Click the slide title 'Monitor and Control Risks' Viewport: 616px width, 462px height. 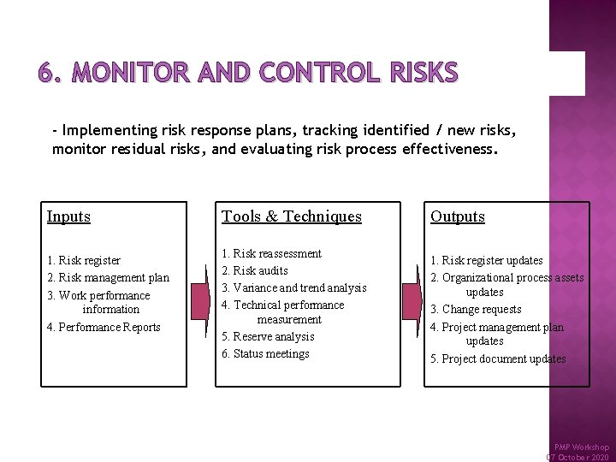pos(248,74)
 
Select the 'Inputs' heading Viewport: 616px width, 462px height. pos(68,216)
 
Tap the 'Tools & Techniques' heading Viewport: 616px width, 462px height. pos(292,216)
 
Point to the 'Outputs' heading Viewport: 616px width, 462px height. pos(458,216)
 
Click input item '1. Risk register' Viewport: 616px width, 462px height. pos(84,260)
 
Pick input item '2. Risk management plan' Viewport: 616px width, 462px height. pos(109,277)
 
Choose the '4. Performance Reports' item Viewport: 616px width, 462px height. pos(104,327)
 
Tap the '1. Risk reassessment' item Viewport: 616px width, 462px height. pos(271,254)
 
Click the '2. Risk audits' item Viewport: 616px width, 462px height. pos(254,270)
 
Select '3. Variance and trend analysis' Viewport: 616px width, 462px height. pos(293,287)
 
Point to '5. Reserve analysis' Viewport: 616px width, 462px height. pos(268,336)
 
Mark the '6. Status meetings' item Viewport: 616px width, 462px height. pos(265,353)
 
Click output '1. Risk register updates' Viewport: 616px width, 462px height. pos(486,260)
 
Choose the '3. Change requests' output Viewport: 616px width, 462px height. pos(476,309)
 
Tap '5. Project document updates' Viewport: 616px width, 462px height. pos(498,358)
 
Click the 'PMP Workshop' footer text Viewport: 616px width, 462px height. pos(582,447)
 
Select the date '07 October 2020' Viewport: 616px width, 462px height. pos(578,457)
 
